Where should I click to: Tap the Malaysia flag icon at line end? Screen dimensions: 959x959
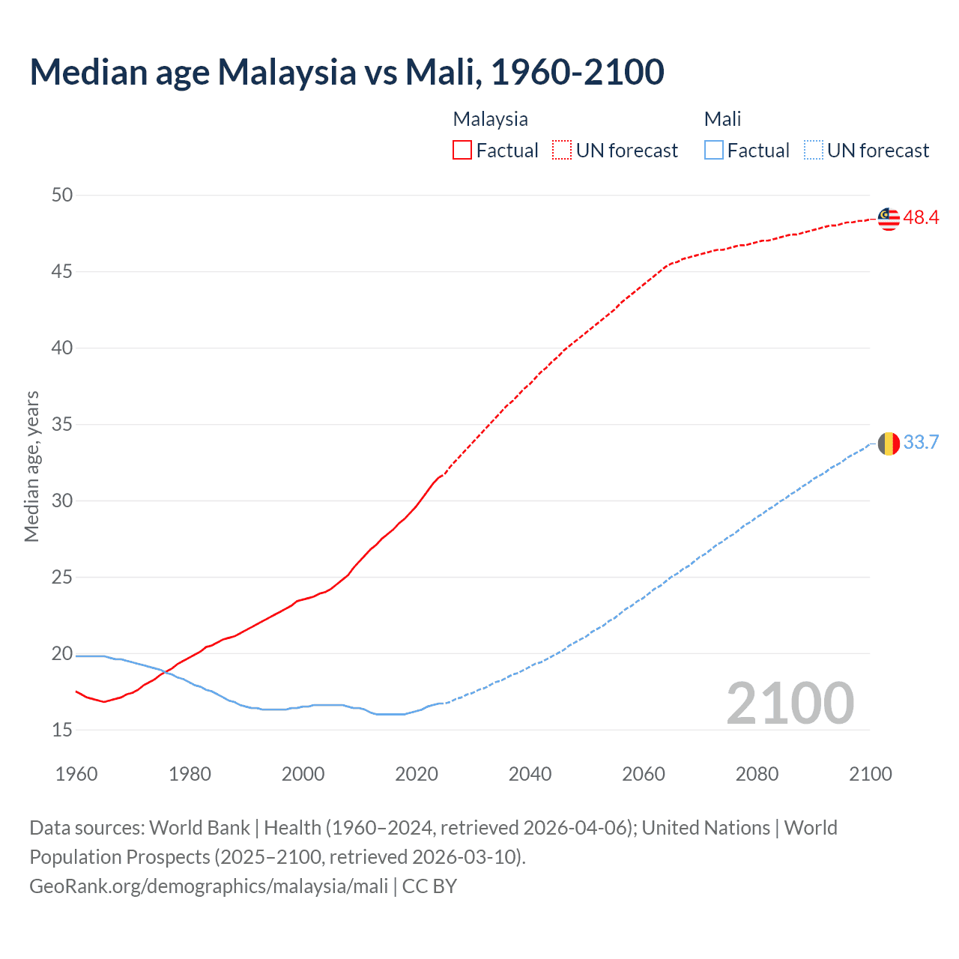pos(889,219)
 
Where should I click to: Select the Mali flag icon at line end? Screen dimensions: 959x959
pos(889,444)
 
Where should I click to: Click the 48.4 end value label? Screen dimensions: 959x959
pos(921,218)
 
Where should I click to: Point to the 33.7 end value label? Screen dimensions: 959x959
pos(921,443)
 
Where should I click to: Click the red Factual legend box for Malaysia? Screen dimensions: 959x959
pos(462,151)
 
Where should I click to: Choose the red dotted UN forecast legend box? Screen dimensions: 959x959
pos(562,151)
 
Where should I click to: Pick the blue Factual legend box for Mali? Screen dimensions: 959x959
pos(714,151)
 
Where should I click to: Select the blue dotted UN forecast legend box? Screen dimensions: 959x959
pos(813,151)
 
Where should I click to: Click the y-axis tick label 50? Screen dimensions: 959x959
pos(62,196)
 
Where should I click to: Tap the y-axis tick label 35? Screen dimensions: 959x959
pos(62,425)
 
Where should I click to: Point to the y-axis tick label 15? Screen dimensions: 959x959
pos(62,730)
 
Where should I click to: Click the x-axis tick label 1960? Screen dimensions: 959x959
pos(76,774)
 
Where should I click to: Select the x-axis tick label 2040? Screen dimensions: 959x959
pos(530,774)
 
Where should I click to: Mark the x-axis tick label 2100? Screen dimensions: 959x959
pos(870,774)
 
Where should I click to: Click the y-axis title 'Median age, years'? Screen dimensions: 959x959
pos(31,466)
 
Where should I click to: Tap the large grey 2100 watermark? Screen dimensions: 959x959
pos(790,704)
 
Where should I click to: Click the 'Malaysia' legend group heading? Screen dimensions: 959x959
pos(490,119)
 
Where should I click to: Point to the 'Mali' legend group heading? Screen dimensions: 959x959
pos(722,119)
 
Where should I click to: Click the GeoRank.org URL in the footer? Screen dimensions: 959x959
pos(208,886)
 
